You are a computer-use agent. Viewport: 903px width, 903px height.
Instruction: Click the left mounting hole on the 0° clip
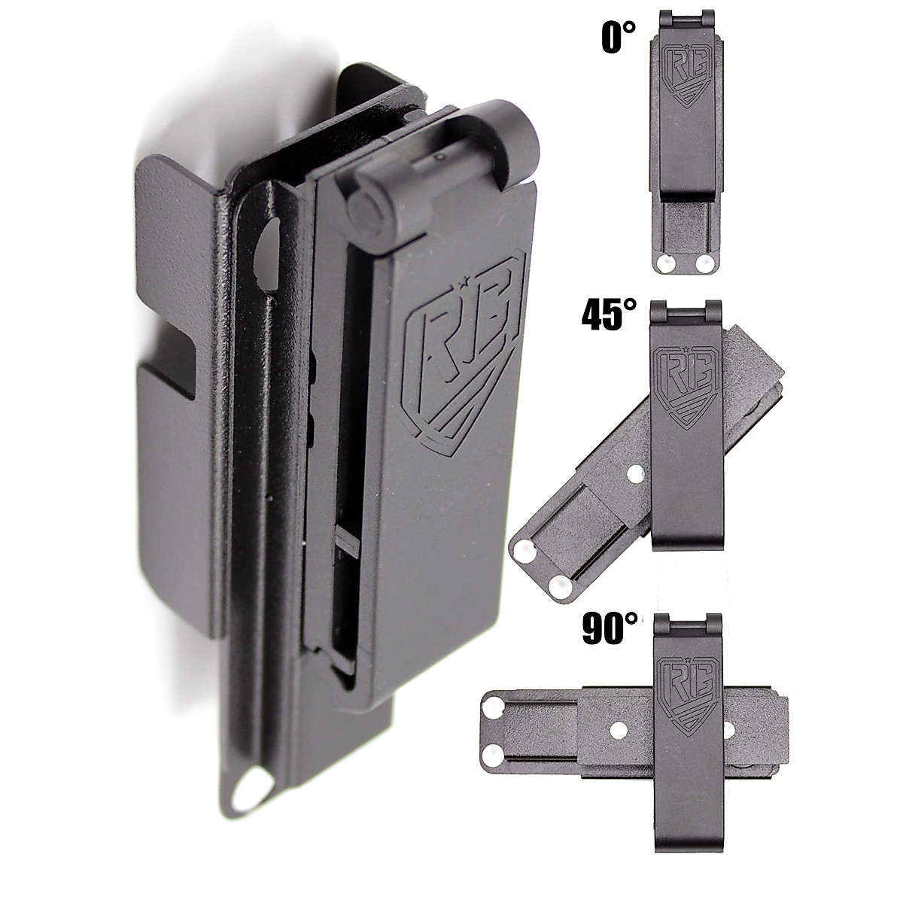664,263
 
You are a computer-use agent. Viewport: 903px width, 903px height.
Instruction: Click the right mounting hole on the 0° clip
704,263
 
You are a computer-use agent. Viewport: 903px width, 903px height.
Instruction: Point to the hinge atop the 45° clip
685,313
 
